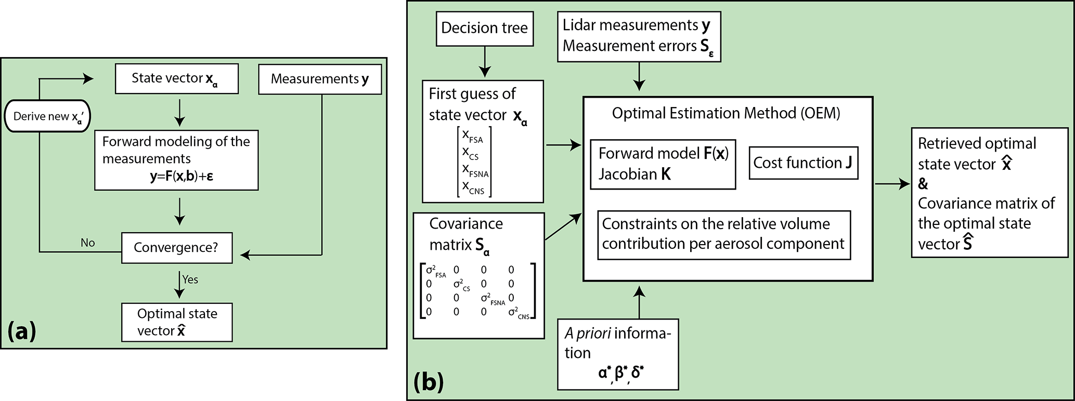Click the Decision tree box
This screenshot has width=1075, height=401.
coord(484,28)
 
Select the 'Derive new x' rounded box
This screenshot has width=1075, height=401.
coord(47,116)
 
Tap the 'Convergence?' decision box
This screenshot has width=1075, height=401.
coord(176,248)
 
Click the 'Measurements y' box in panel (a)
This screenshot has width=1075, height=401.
coord(319,79)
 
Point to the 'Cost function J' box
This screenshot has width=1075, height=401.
coord(802,163)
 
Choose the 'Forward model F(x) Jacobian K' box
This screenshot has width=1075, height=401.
coord(663,164)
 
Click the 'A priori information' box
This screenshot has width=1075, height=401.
coord(617,354)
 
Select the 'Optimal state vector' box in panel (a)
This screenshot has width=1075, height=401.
coord(177,322)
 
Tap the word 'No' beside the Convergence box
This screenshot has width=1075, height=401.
coord(88,243)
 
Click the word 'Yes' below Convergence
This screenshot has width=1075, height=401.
coord(190,279)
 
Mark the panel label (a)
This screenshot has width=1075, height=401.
coord(21,331)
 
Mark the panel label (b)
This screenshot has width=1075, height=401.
coord(429,382)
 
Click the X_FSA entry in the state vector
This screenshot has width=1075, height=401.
coord(472,137)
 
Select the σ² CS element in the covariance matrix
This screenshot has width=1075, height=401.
coord(461,285)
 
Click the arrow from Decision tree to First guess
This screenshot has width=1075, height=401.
coord(484,62)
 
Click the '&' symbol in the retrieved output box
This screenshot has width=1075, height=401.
coord(923,184)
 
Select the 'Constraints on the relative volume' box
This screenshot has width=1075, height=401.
coord(723,234)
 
